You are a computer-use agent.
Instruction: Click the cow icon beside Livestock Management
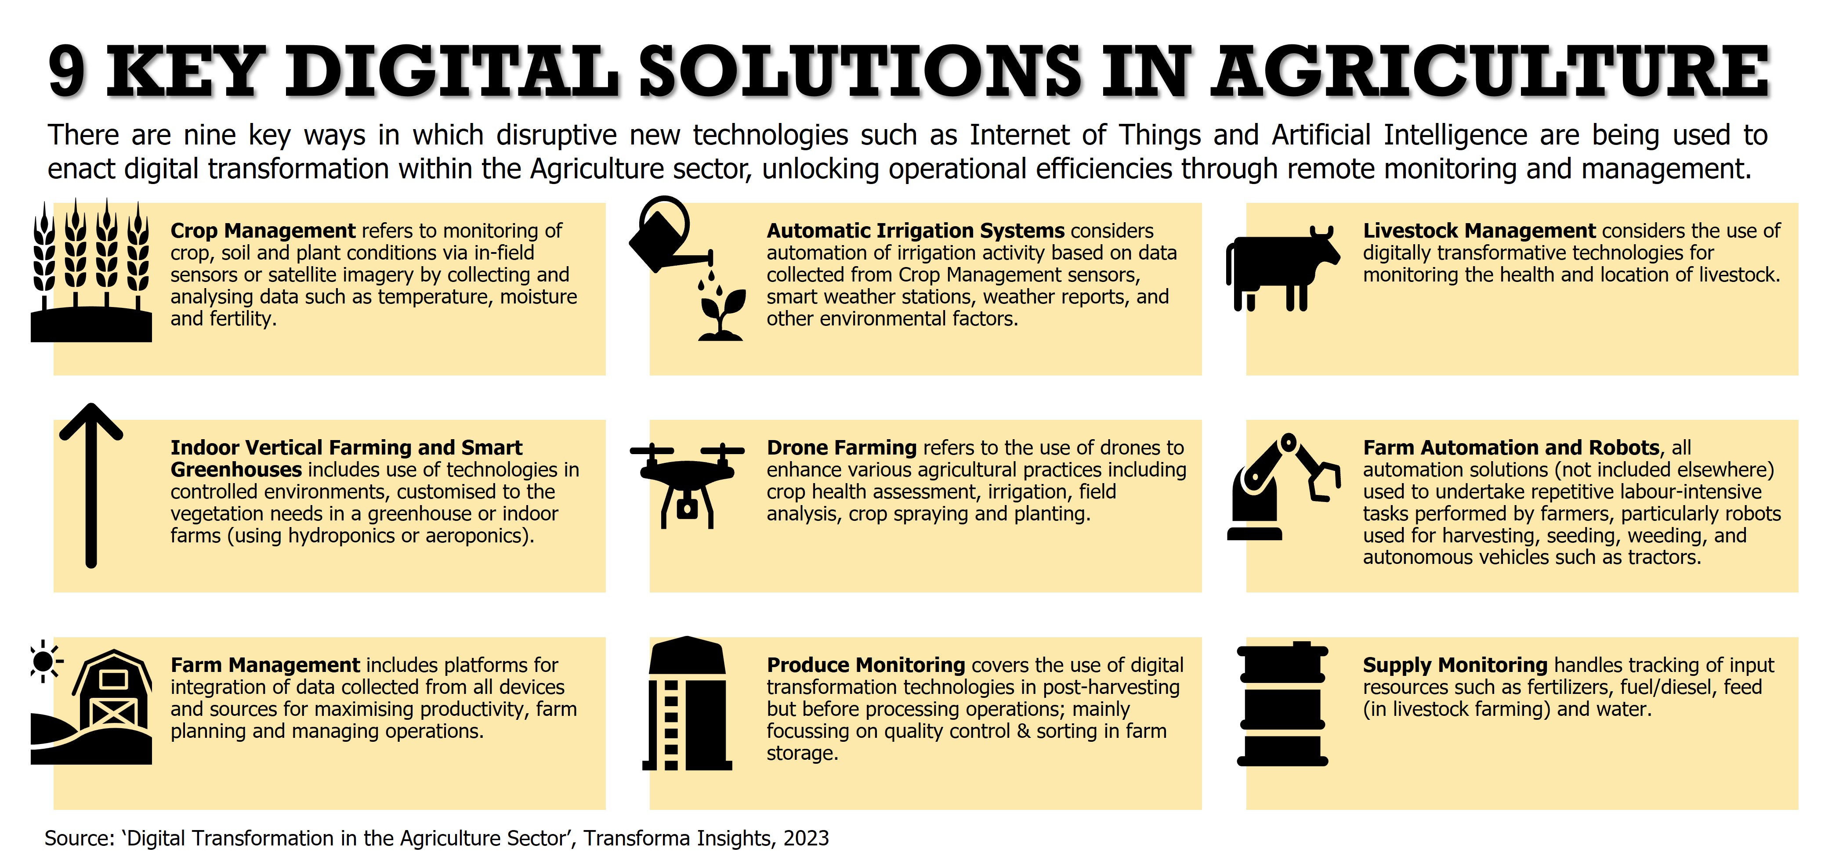point(1282,269)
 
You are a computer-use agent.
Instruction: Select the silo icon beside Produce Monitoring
point(687,703)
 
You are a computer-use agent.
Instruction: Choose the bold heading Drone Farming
point(842,448)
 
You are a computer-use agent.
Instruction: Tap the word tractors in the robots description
point(1664,558)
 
